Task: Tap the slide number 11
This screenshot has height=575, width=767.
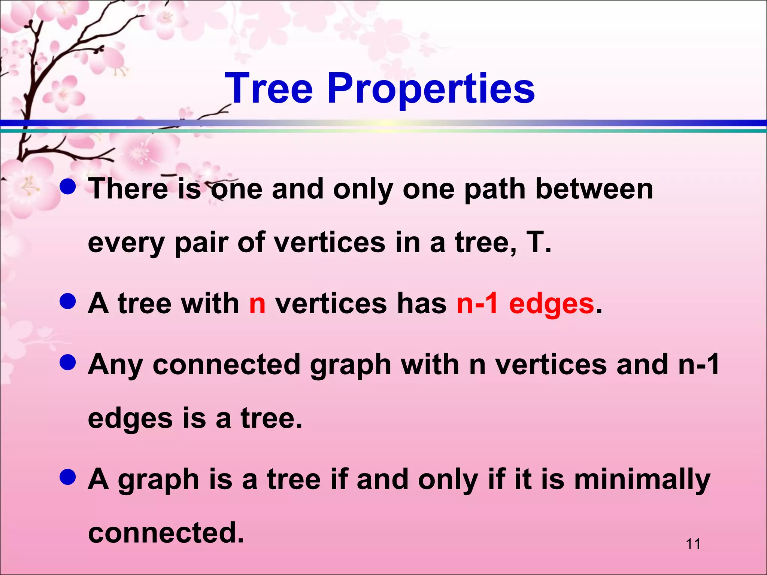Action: click(693, 544)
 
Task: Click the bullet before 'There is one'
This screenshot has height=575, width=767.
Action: click(68, 187)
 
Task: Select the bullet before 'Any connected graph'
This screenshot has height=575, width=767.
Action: click(68, 362)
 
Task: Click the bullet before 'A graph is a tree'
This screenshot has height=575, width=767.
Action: click(68, 477)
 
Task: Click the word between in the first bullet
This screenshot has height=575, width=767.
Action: click(594, 189)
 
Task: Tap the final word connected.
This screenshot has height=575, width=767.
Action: click(166, 533)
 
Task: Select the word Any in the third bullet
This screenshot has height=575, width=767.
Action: click(115, 365)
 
